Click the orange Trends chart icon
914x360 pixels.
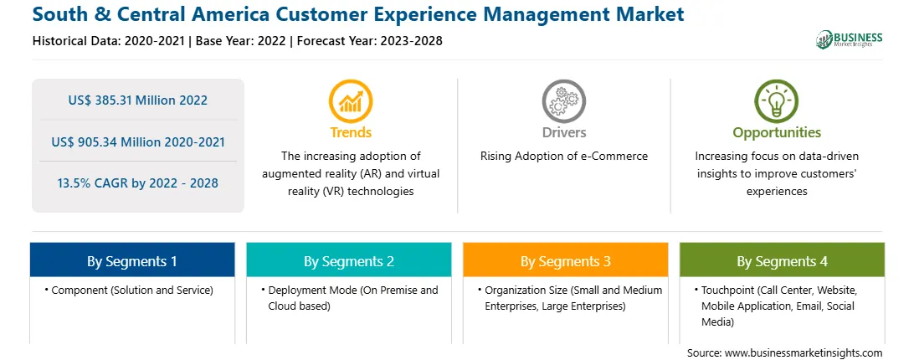[351, 101]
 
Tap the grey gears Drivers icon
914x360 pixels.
[563, 101]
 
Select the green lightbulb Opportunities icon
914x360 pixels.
[777, 101]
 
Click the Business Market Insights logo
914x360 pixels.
[850, 39]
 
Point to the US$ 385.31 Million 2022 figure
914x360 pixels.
[137, 100]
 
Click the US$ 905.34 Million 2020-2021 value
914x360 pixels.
[137, 141]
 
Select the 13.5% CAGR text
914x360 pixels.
[137, 183]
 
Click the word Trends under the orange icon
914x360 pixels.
[351, 132]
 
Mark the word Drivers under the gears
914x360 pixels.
[564, 132]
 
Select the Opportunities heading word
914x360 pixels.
[777, 132]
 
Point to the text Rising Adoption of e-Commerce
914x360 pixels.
[564, 157]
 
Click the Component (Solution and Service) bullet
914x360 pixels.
[129, 290]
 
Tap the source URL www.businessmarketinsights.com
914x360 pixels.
[804, 353]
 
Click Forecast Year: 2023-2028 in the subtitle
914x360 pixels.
[370, 41]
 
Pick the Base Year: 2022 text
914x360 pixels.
[241, 41]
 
